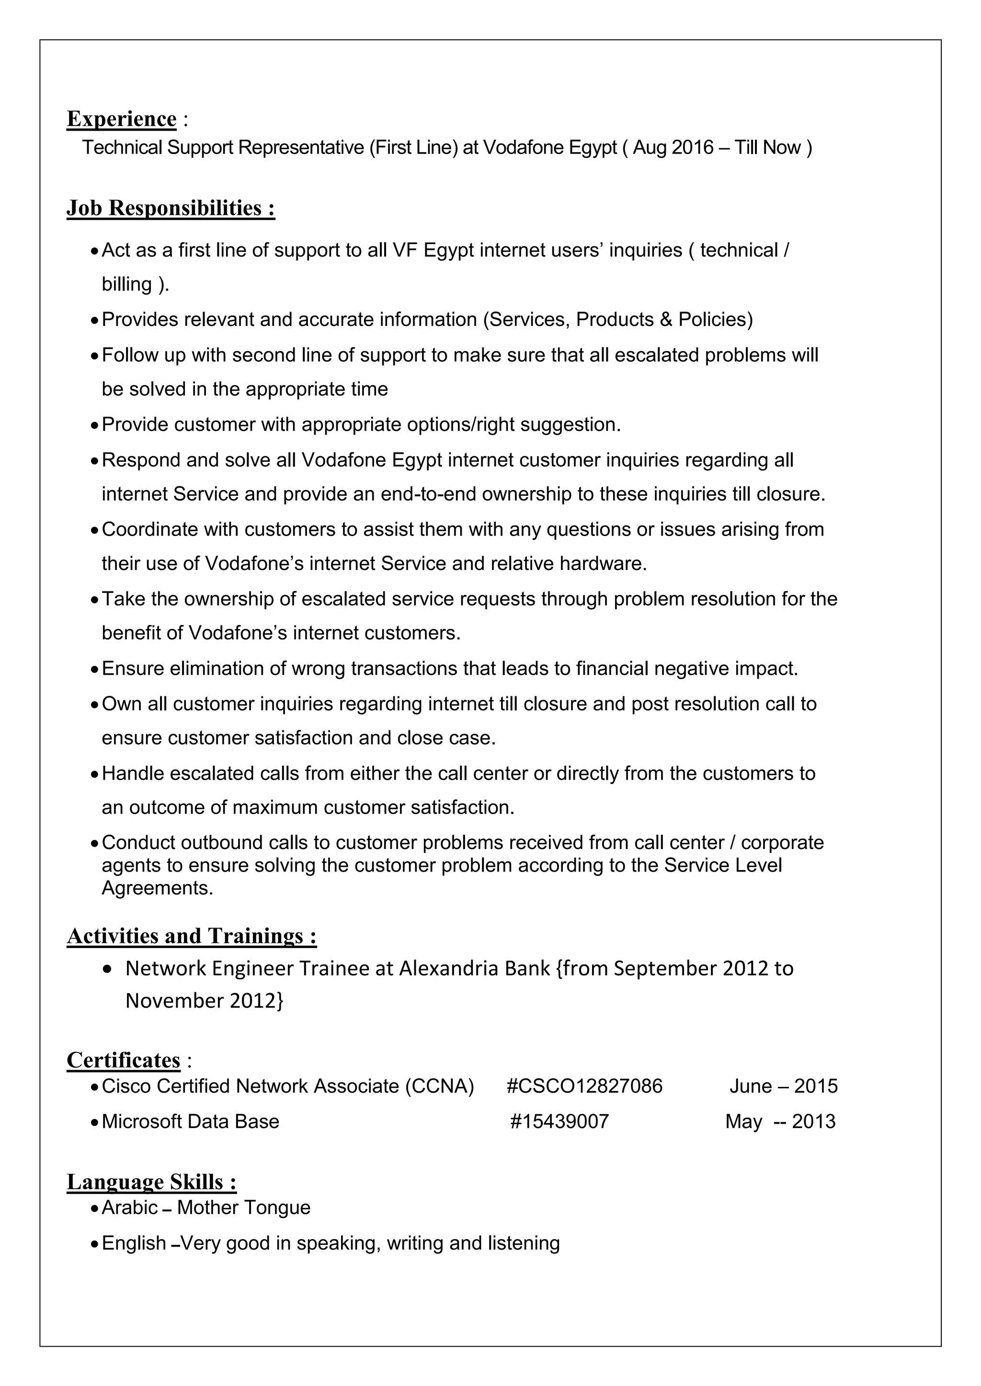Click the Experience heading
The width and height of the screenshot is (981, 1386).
[121, 119]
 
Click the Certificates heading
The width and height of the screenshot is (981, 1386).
[123, 1060]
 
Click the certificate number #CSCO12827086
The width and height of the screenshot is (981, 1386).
[584, 1086]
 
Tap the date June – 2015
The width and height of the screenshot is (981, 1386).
[784, 1086]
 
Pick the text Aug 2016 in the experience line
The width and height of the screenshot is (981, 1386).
[673, 147]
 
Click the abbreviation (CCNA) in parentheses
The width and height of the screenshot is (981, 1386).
[439, 1086]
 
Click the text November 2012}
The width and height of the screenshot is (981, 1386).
[204, 1001]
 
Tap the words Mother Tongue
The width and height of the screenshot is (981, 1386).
[243, 1207]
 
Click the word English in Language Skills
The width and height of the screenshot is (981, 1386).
[134, 1243]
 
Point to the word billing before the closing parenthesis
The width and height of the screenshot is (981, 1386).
[127, 284]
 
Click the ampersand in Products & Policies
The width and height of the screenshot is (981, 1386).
[666, 319]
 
